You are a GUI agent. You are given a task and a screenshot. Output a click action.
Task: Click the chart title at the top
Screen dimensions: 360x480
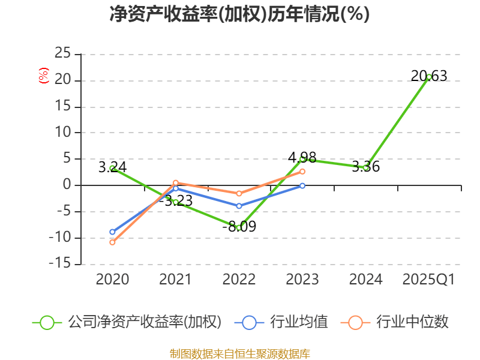239,14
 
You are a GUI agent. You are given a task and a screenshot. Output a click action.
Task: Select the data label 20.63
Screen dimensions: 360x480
429,76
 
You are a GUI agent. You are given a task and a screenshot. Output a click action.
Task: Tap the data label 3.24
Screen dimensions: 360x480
112,167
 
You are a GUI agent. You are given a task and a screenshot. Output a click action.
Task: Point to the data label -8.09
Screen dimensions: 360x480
239,227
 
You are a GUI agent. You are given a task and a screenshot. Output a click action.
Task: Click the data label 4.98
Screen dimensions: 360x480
302,158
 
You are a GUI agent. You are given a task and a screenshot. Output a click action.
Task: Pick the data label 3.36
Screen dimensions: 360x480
365,167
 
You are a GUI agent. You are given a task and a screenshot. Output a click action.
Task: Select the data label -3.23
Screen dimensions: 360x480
175,200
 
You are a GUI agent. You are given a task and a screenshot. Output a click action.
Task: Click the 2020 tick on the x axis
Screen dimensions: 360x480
112,280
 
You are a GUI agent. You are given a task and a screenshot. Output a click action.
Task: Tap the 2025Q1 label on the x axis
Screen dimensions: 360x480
429,280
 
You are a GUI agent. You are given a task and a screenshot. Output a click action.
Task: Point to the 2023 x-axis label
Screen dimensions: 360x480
302,280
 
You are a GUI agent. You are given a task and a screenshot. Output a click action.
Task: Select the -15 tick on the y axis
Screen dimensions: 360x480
60,264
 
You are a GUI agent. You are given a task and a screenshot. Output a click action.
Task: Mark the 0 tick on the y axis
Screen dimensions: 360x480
67,185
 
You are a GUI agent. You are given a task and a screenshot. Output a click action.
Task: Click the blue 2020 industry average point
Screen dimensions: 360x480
112,232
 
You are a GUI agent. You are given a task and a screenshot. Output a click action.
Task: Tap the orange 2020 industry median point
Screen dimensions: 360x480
112,242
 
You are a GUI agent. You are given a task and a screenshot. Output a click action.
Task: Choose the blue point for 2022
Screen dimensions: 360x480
239,206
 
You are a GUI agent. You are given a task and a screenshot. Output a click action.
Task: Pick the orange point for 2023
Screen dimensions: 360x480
302,172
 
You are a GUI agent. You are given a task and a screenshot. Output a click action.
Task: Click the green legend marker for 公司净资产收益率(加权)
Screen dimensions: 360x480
47,322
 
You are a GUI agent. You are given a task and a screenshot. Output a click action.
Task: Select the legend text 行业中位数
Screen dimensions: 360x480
412,322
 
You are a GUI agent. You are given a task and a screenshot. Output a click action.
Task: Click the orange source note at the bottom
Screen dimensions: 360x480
239,353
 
